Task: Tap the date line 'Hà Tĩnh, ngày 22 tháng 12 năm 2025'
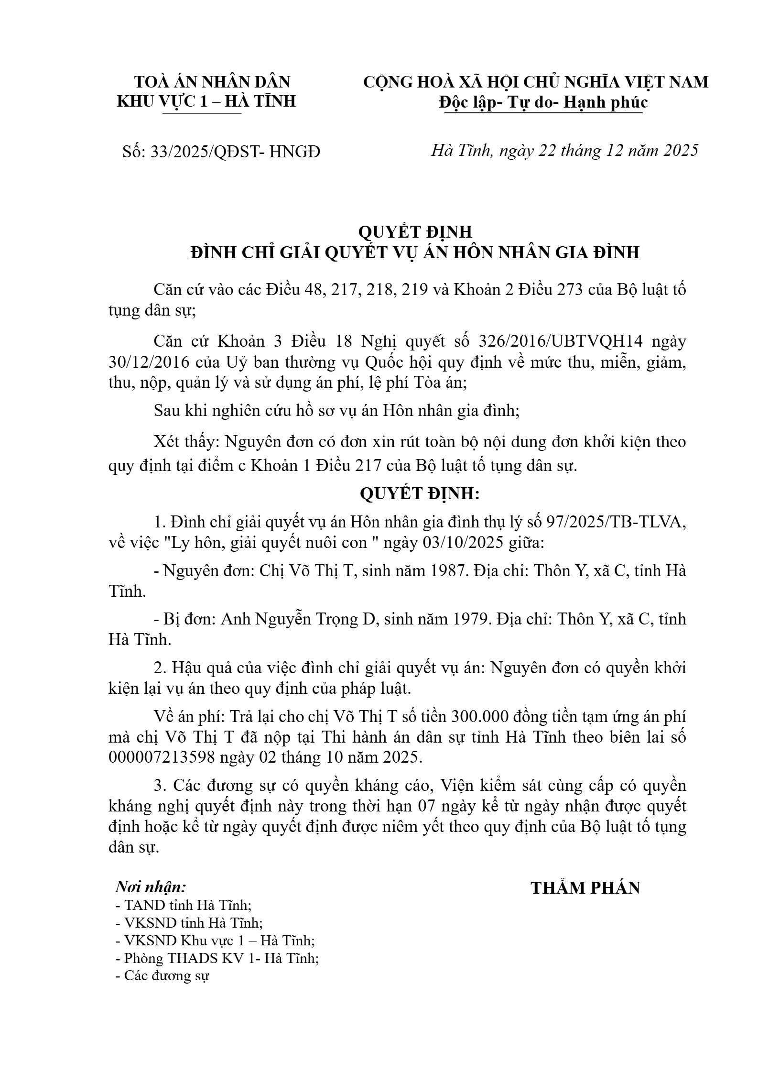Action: point(564,151)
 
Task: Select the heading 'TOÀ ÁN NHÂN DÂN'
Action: point(212,82)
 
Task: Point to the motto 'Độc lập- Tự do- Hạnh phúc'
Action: point(543,102)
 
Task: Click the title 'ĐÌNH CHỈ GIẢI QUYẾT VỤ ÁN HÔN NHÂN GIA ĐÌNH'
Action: point(415,252)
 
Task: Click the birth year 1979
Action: point(468,619)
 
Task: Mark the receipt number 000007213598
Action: point(177,757)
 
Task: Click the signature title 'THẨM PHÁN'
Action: point(585,888)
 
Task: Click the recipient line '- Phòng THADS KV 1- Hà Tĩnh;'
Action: point(217,958)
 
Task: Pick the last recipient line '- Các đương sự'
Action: point(162,975)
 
